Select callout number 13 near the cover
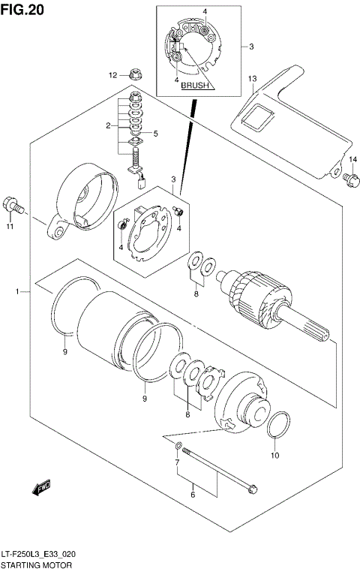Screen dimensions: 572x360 [253, 79]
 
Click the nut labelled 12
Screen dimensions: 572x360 [133, 74]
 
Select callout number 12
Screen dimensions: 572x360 [112, 75]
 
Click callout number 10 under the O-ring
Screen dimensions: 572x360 [274, 456]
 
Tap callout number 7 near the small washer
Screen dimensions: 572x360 [177, 462]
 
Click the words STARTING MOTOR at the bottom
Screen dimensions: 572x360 [37, 563]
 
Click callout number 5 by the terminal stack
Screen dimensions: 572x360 [155, 134]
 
